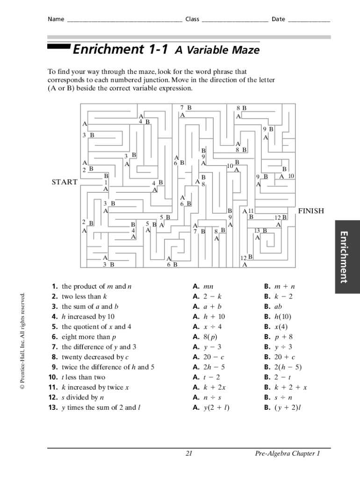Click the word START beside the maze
click(65, 182)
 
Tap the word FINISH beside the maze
click(311, 211)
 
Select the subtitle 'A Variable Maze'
click(217, 51)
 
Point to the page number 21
click(189, 453)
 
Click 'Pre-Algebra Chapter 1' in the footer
click(287, 453)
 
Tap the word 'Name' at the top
click(55, 19)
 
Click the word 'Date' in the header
click(278, 19)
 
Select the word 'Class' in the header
click(192, 19)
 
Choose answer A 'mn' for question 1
click(209, 286)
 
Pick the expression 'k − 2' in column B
click(284, 297)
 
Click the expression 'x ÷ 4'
click(213, 327)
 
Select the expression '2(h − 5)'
click(288, 367)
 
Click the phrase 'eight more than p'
click(88, 337)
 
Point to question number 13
click(52, 407)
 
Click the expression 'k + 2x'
click(215, 387)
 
